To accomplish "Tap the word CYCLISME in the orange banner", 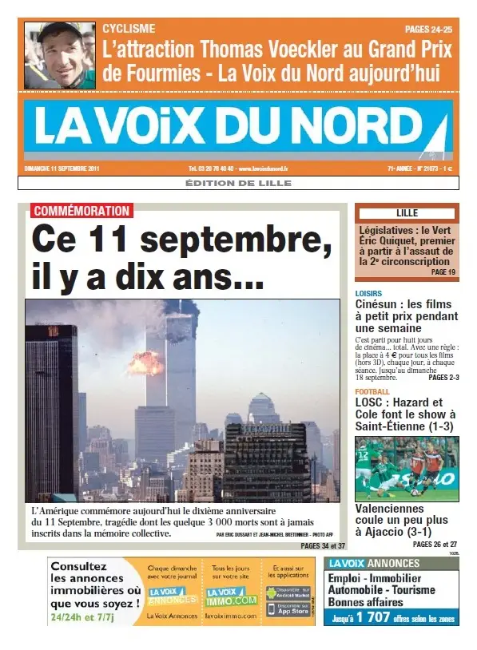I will [x=129, y=29].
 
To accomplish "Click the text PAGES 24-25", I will [x=428, y=29].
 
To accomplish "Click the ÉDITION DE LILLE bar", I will [x=238, y=183].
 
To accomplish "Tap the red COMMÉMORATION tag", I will [x=81, y=212].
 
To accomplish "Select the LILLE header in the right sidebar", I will [x=407, y=213].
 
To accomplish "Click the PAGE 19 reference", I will [x=443, y=272].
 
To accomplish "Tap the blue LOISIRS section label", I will [x=369, y=293].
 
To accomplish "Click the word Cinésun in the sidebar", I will [x=380, y=304].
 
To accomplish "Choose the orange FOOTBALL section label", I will [x=372, y=391].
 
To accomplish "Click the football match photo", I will [x=407, y=469].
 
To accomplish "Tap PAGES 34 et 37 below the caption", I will [x=323, y=546].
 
